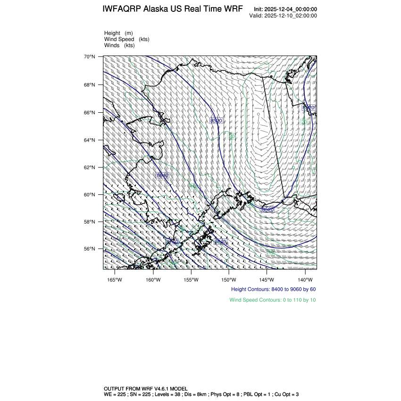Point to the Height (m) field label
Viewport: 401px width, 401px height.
[x=118, y=33]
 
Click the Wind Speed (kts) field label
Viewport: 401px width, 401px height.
[x=127, y=39]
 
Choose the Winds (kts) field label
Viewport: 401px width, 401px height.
[x=119, y=45]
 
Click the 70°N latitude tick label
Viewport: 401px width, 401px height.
[x=90, y=57]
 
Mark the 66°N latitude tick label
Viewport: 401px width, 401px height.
[x=90, y=113]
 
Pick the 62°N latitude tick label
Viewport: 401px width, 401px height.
[x=90, y=167]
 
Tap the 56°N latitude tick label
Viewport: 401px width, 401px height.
[x=90, y=249]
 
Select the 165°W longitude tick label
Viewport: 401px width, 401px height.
[x=115, y=279]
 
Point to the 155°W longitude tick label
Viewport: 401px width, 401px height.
[x=191, y=279]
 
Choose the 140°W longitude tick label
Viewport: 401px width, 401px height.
[x=305, y=279]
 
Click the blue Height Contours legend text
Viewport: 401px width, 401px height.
[x=273, y=289]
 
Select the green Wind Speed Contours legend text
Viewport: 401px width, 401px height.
[x=273, y=300]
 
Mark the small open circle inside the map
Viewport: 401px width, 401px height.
[x=259, y=114]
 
